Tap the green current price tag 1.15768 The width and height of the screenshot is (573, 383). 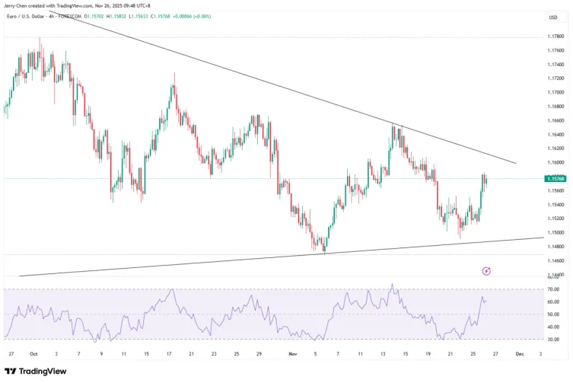point(555,178)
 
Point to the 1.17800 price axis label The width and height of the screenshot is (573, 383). point(555,37)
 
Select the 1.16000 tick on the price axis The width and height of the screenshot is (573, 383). point(555,162)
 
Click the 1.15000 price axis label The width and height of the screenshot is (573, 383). point(555,232)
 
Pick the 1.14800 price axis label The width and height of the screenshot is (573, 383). point(555,246)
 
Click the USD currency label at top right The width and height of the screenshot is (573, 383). point(553,17)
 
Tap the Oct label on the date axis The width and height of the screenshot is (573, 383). point(33,354)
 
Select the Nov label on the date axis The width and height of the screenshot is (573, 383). point(293,354)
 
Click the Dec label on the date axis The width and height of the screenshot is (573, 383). point(519,354)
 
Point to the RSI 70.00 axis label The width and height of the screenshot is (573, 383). point(553,289)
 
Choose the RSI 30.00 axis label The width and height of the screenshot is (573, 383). point(553,340)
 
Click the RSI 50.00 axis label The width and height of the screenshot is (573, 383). point(553,314)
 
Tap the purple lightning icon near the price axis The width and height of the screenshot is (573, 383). point(486,270)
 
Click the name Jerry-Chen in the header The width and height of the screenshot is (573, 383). point(18,5)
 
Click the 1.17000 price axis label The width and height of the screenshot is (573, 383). point(555,92)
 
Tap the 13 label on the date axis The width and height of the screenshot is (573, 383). point(383,354)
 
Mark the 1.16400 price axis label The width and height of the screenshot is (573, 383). point(555,134)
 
